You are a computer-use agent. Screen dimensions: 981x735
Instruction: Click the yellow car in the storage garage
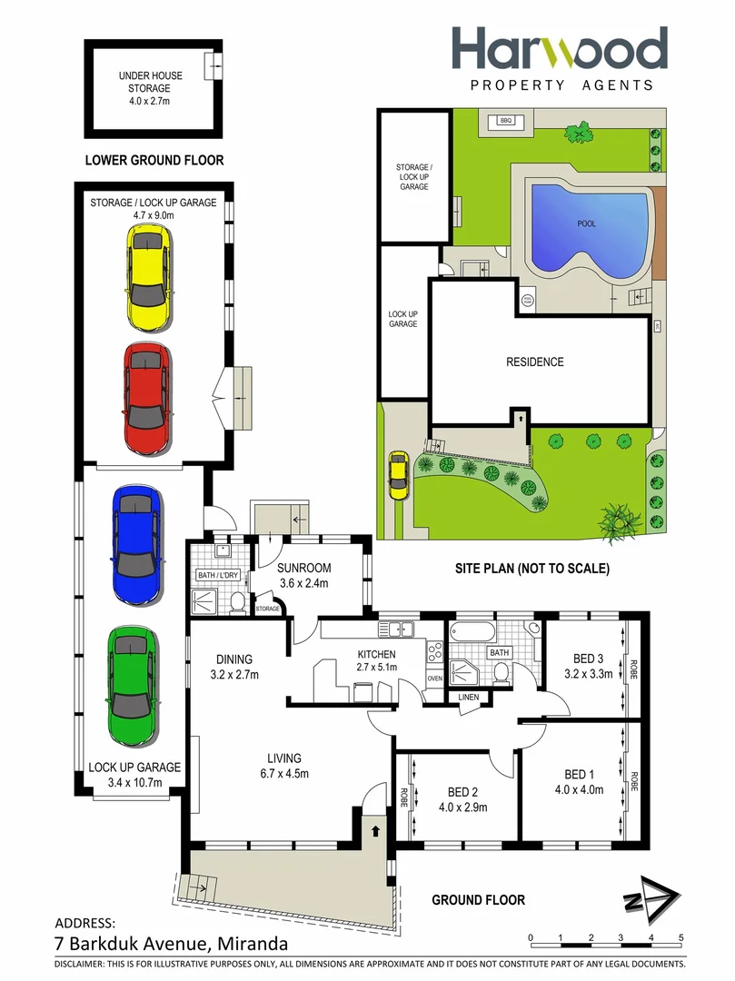click(x=147, y=279)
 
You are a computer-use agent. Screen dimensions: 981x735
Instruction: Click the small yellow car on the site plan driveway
click(x=398, y=475)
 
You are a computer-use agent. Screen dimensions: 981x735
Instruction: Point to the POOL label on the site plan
click(x=586, y=223)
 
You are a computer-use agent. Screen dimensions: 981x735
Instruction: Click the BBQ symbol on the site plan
click(x=506, y=121)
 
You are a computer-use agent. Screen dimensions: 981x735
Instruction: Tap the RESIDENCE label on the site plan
click(x=534, y=362)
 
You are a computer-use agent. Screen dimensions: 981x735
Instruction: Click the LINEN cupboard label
click(x=469, y=697)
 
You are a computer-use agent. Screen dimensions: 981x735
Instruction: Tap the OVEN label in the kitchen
click(x=433, y=678)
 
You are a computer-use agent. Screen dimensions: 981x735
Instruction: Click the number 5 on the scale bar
click(x=680, y=937)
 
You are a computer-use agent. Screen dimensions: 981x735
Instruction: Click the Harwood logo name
click(x=560, y=50)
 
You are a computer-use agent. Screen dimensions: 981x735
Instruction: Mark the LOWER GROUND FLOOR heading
click(x=154, y=161)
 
